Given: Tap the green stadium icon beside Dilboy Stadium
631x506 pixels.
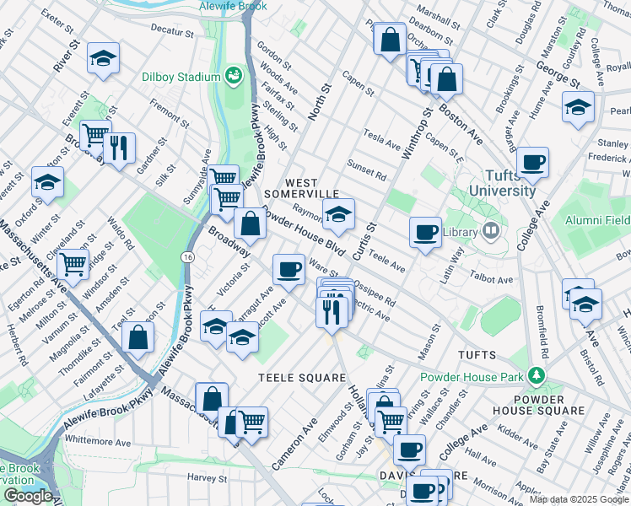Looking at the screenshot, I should [234, 77].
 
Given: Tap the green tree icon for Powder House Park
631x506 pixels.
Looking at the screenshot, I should [537, 374].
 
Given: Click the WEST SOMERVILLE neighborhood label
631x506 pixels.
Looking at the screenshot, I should [301, 188].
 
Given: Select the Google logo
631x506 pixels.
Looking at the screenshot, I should [28, 496].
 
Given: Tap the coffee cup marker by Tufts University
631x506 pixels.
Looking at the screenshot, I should [531, 162].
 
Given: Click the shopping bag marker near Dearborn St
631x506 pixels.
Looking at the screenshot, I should [390, 39].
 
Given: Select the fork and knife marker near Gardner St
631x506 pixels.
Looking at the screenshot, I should [119, 148].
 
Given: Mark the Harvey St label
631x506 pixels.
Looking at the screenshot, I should [202, 477].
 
